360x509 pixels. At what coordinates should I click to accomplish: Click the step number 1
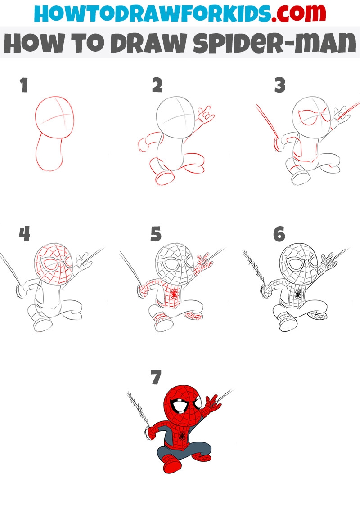coord(23,85)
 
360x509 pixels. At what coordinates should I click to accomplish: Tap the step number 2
coord(157,85)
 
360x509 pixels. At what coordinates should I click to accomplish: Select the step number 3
coord(280,85)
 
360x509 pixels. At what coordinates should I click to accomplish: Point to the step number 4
coord(24,234)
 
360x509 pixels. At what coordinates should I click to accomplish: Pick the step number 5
coord(156,234)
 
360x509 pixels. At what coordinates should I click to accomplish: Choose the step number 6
coord(279,234)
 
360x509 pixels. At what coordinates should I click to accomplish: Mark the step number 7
coord(156,377)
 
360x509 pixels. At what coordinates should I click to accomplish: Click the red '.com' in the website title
coord(299,13)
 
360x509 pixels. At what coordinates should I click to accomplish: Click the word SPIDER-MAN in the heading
coord(274,43)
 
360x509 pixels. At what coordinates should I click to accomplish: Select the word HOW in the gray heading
coord(35,43)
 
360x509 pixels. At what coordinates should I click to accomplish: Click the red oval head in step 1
coord(54,117)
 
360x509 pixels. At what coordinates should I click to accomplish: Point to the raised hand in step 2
coord(205,115)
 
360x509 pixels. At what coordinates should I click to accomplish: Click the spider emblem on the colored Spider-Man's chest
coord(182,435)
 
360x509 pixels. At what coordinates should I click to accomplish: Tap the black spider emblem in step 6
coord(298,294)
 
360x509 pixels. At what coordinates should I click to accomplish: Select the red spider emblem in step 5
coord(174,294)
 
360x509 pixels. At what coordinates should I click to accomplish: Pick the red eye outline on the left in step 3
coord(307,117)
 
